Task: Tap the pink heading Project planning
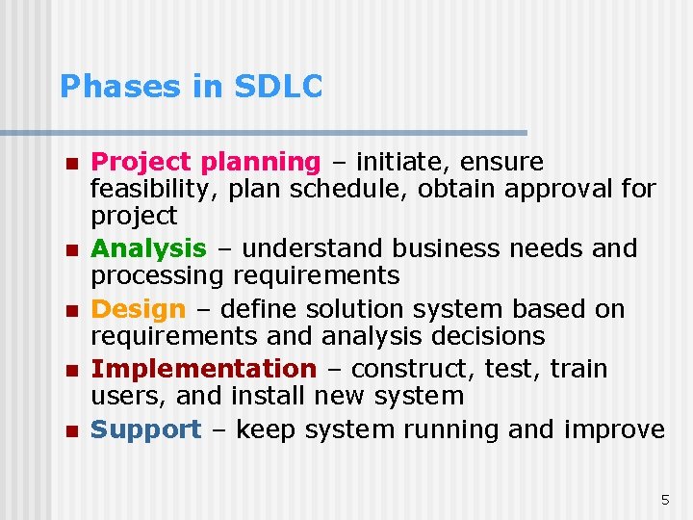click(x=205, y=162)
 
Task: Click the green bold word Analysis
click(x=148, y=248)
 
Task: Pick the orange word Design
click(x=138, y=309)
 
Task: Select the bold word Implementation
click(x=202, y=369)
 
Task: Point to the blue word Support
click(x=145, y=429)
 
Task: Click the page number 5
click(x=664, y=499)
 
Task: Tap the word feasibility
click(x=154, y=189)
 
